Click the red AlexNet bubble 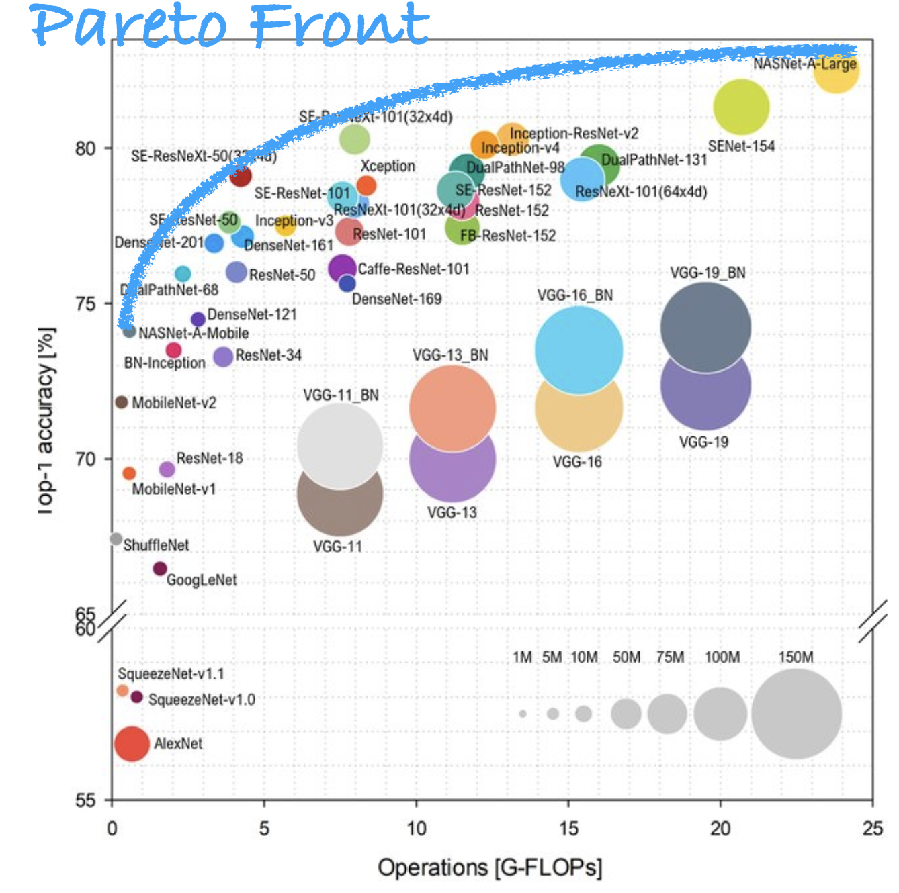pyautogui.click(x=132, y=744)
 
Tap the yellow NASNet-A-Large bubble pyautogui.click(x=837, y=73)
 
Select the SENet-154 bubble pyautogui.click(x=741, y=107)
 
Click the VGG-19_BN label pyautogui.click(x=708, y=273)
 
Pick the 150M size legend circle pyautogui.click(x=796, y=714)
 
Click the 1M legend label pyautogui.click(x=522, y=657)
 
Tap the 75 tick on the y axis pyautogui.click(x=85, y=304)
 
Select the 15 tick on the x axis pyautogui.click(x=568, y=829)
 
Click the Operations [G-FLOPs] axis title pyautogui.click(x=490, y=867)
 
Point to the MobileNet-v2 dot pyautogui.click(x=121, y=402)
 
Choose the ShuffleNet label pyautogui.click(x=156, y=545)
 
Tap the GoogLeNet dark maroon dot pyautogui.click(x=159, y=569)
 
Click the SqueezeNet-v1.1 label pyautogui.click(x=171, y=674)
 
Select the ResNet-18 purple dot pyautogui.click(x=167, y=469)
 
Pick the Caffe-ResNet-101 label pyautogui.click(x=413, y=269)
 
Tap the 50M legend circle pyautogui.click(x=626, y=714)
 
